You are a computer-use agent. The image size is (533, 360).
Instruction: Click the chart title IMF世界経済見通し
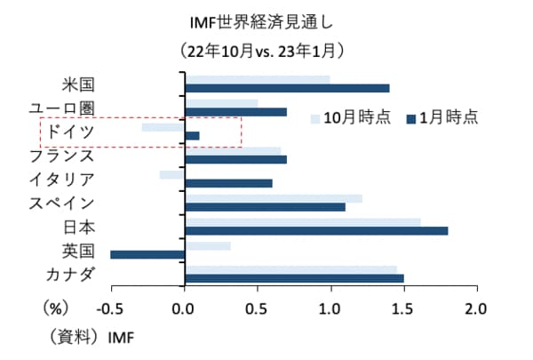click(x=266, y=20)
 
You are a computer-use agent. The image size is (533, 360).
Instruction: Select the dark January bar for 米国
click(x=287, y=88)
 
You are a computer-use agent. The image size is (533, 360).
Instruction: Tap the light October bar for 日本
click(x=302, y=221)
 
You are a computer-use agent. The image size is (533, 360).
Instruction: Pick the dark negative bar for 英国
click(x=147, y=254)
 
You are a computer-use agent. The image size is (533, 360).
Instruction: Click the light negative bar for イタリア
click(x=171, y=174)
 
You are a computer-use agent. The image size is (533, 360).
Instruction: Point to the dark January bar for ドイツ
click(x=192, y=135)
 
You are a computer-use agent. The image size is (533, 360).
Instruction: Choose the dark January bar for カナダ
click(x=294, y=278)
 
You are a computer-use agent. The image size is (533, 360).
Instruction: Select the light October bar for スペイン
click(x=273, y=197)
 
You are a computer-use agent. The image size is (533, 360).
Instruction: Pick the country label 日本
click(x=79, y=228)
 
